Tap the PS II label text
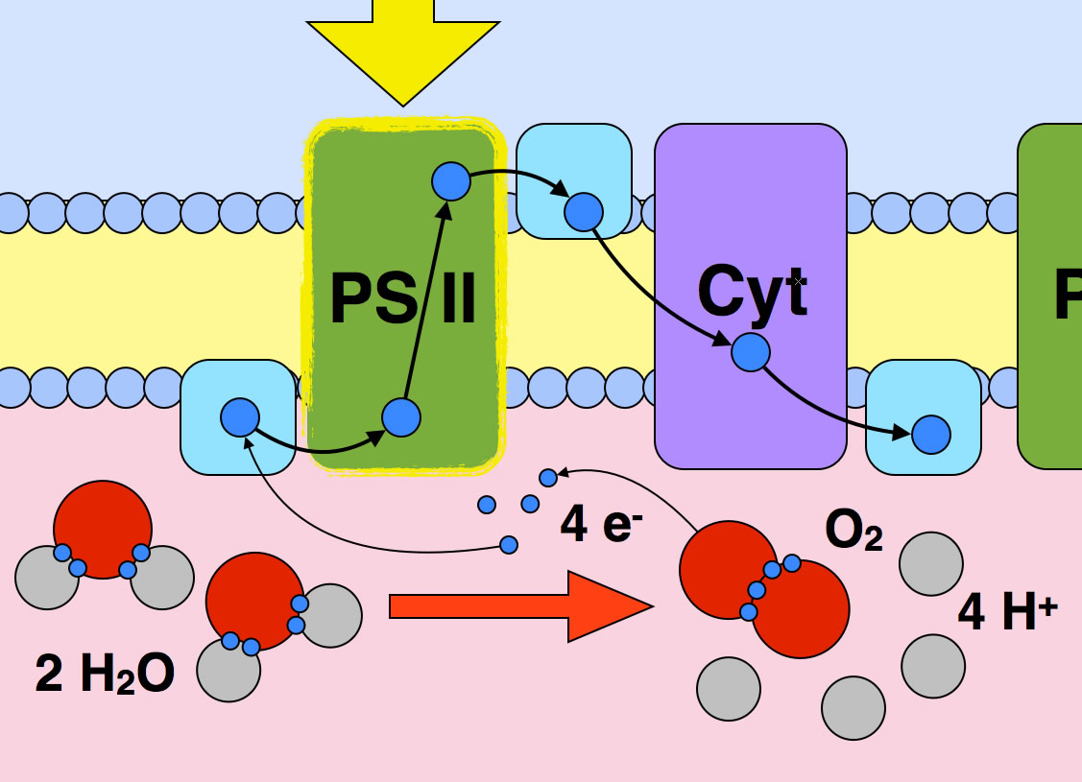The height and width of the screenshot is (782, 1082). coord(403,299)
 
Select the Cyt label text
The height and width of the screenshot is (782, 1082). coord(752,290)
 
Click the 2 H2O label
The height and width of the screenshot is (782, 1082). coord(105,675)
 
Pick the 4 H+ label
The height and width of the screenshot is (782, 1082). coord(1006,613)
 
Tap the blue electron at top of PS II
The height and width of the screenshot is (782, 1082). coord(450,180)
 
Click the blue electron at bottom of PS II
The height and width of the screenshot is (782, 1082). coord(401,417)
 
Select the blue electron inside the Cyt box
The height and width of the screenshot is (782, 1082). coord(751,352)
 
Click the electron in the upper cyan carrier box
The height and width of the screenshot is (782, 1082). coord(583,212)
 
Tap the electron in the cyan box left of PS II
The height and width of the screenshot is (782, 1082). coord(240,417)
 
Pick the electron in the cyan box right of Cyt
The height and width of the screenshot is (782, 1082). coord(930,435)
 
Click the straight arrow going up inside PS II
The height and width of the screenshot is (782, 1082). coord(424,302)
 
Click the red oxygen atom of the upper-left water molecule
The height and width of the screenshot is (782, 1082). coord(103,528)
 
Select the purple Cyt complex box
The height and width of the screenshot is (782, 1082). coord(751,413)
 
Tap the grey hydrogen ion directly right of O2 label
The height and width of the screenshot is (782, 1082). coord(930,563)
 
